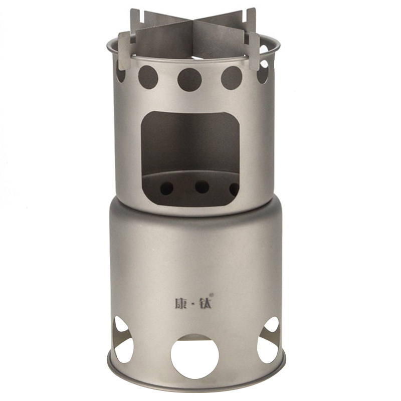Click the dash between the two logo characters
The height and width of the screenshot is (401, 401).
click(193, 304)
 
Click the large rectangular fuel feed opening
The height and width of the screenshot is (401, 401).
click(190, 158)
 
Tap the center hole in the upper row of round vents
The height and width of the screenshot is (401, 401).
click(189, 80)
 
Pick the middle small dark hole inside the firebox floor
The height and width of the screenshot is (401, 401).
click(202, 187)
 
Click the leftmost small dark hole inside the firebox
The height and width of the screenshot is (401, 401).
click(167, 188)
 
